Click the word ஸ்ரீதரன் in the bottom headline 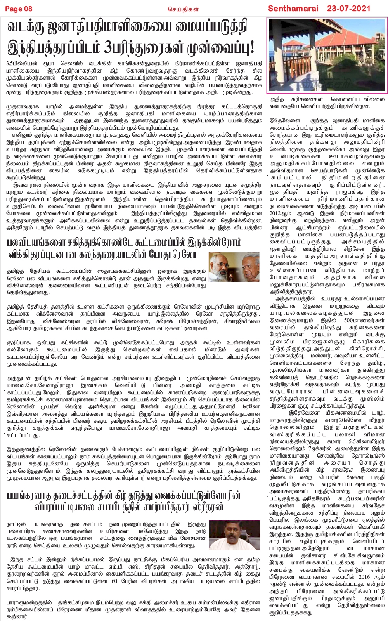pos(224,507)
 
